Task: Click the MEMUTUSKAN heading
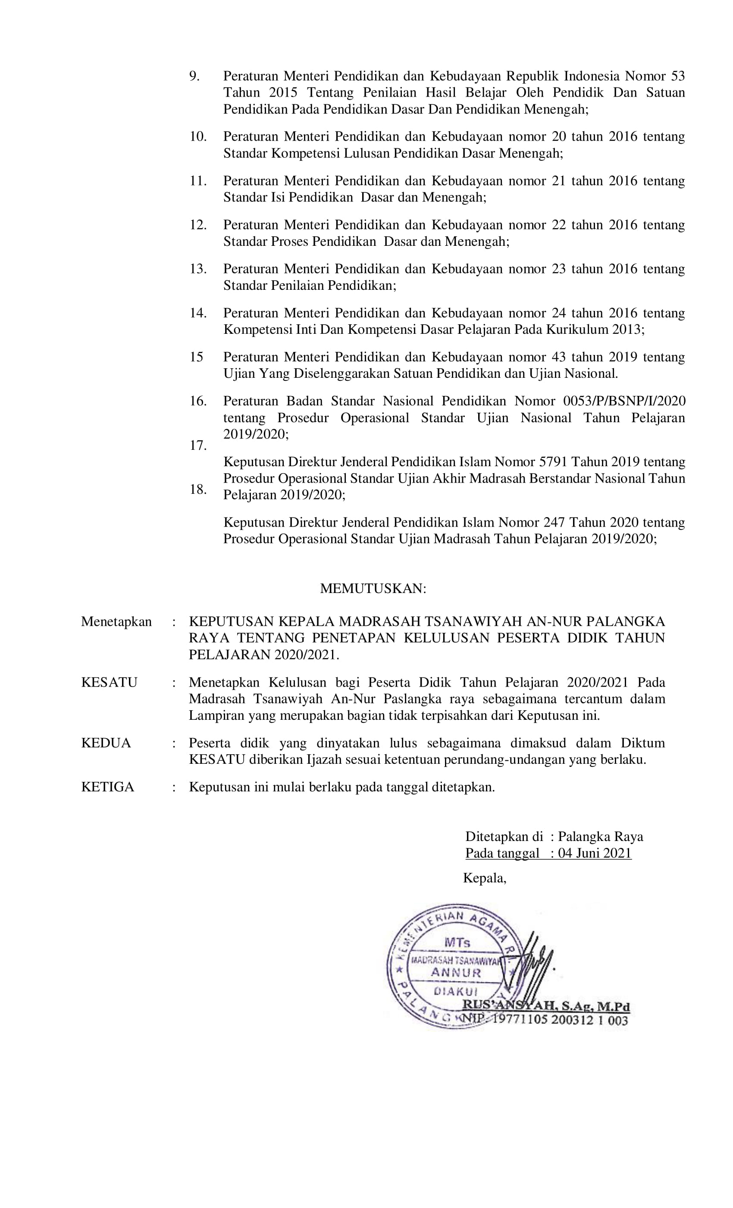373,588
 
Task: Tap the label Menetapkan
116,621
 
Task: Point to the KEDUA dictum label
106,743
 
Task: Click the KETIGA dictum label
107,787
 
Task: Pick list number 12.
198,225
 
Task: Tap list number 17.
198,446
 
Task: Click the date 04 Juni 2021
594,853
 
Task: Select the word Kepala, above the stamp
484,878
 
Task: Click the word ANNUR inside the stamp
455,973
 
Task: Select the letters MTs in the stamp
457,942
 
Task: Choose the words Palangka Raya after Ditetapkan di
600,836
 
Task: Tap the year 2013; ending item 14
628,329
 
